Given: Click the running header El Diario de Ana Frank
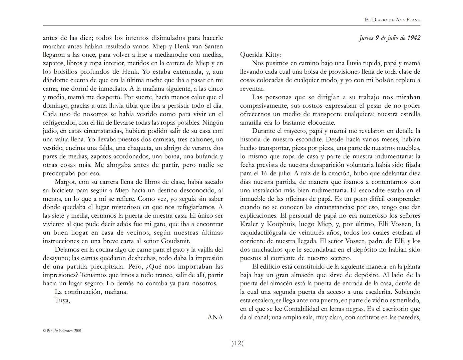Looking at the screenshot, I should [392, 20].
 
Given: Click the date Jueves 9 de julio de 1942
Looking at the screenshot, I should [390, 38].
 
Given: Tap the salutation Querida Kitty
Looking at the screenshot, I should [261, 55].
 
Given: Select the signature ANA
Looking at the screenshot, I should [215, 317].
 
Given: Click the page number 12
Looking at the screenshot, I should [238, 343].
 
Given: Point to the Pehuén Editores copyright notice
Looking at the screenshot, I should [63, 331].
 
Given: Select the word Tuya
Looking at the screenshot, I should [62, 300].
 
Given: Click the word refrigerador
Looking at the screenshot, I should [60, 122].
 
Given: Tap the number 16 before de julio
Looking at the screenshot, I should [265, 173].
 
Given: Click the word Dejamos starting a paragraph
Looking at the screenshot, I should [66, 250].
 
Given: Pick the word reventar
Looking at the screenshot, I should [252, 89].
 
